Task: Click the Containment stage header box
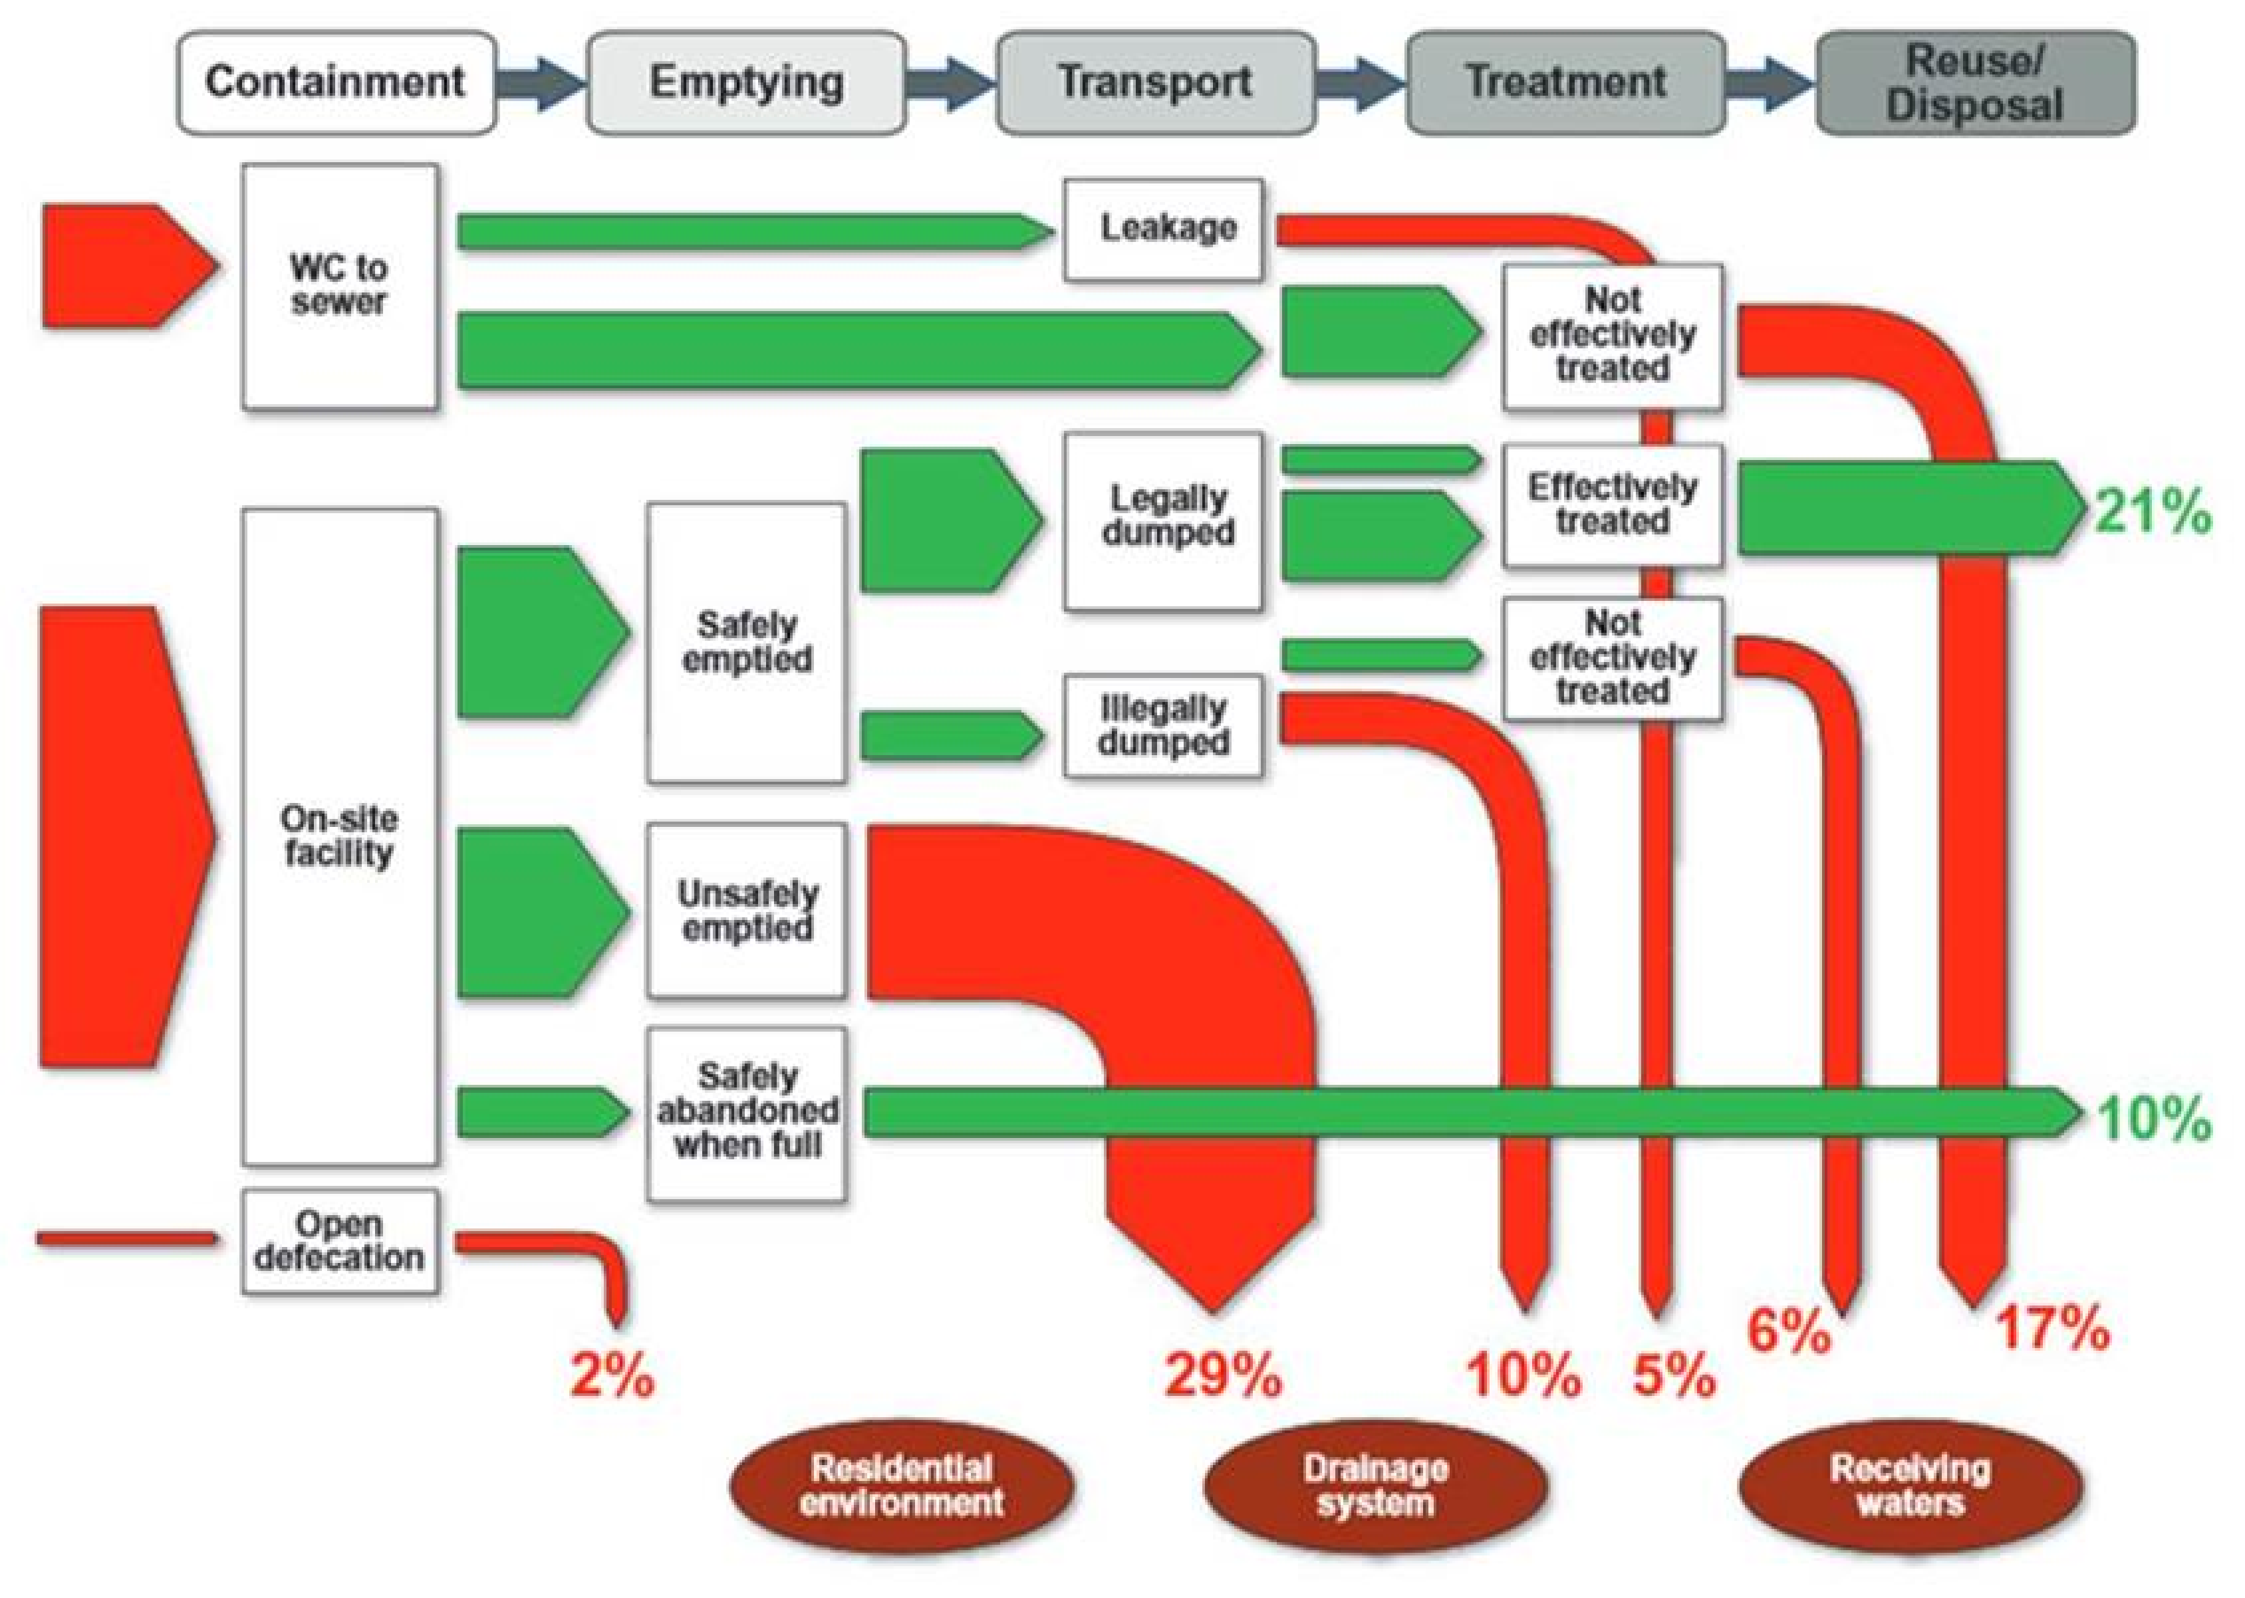[x=336, y=82]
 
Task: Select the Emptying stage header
[x=746, y=82]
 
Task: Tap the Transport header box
[x=1156, y=82]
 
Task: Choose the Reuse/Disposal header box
[x=1974, y=82]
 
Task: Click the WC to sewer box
[x=340, y=286]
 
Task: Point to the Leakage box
[x=1163, y=229]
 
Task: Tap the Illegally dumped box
[x=1163, y=726]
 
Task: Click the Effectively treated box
[x=1612, y=505]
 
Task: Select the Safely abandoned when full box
[x=747, y=1113]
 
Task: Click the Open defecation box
[x=340, y=1241]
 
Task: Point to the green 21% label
[x=2153, y=512]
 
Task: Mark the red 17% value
[x=2052, y=1328]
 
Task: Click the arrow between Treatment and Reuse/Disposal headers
[x=1769, y=82]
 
